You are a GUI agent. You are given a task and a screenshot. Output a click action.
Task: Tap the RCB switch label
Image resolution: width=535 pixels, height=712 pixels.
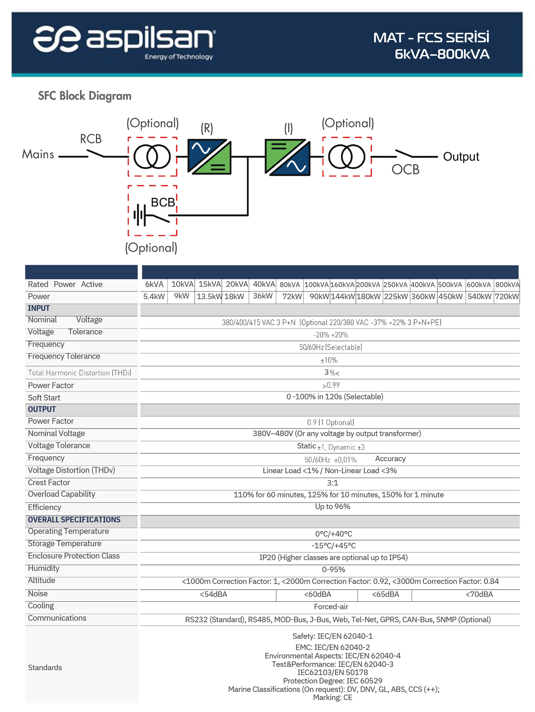click(91, 139)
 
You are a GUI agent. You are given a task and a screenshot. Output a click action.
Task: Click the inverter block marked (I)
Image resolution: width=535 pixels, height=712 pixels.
click(287, 157)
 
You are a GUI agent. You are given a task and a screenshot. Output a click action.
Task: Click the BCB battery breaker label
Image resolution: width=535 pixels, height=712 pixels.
click(163, 203)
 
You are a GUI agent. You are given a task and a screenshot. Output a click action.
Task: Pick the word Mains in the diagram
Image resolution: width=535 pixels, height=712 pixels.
click(38, 154)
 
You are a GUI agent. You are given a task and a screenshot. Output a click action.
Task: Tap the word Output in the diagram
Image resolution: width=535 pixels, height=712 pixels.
click(461, 157)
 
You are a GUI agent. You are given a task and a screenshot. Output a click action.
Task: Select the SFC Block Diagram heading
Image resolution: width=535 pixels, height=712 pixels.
click(85, 96)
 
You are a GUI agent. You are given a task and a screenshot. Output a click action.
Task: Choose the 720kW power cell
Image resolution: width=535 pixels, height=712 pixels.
click(506, 296)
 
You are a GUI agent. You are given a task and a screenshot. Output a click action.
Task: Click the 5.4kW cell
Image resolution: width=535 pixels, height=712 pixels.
click(154, 296)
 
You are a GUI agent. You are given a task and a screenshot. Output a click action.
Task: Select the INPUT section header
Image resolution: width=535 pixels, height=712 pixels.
click(39, 308)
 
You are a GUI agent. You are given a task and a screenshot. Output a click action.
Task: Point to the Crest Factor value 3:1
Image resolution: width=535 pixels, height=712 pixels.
click(332, 483)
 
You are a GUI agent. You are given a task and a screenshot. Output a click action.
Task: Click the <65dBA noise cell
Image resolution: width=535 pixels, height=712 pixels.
click(385, 594)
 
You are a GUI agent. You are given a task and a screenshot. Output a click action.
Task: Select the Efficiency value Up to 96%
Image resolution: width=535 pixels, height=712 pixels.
click(332, 507)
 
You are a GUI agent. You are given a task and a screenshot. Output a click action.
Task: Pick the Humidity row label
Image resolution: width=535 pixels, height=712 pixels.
click(44, 568)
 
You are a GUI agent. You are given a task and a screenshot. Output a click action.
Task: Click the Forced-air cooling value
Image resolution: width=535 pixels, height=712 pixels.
click(331, 607)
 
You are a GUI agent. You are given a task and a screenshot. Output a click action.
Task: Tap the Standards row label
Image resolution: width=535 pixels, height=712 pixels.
click(45, 668)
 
